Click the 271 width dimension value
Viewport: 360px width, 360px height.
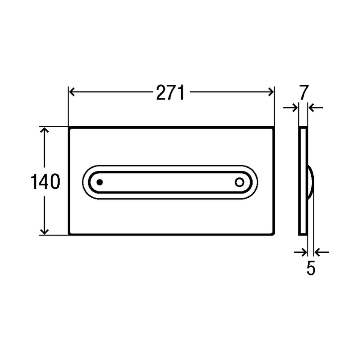coord(170,93)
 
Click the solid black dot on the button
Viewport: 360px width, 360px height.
coord(100,182)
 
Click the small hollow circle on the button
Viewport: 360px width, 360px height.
coord(239,183)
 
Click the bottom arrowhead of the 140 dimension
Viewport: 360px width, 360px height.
coord(44,230)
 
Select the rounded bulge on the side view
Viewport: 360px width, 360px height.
coord(310,182)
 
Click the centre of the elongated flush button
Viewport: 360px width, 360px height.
coord(169,182)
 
